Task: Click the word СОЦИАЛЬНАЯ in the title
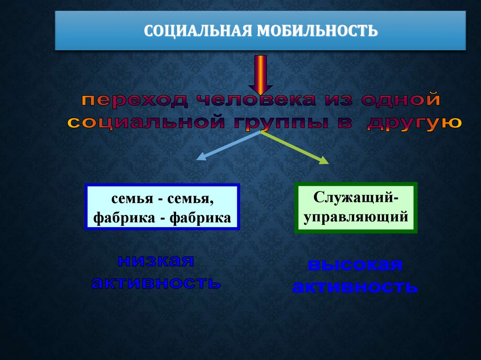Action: click(196, 31)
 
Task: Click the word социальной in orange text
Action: click(141, 123)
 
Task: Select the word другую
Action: click(414, 123)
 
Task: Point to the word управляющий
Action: click(356, 217)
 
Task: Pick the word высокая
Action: click(355, 265)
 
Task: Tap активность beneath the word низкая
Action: click(155, 283)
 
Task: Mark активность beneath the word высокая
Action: click(355, 287)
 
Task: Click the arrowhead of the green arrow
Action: click(324, 161)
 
